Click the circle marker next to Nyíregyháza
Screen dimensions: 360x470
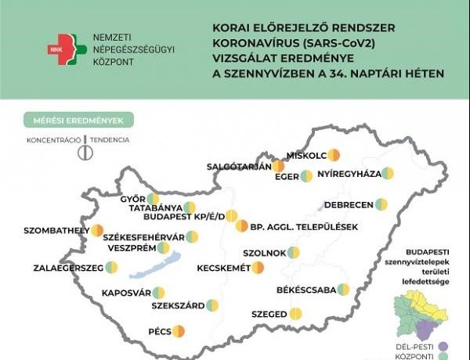point(387,174)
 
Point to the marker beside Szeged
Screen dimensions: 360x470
point(295,314)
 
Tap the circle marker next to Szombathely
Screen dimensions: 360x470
point(96,231)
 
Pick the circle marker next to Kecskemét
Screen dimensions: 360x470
point(258,268)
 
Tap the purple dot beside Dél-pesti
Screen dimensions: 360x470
point(443,345)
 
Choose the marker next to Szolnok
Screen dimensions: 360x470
point(292,253)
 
